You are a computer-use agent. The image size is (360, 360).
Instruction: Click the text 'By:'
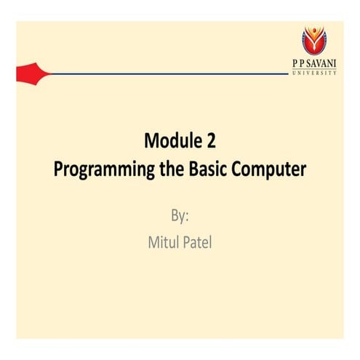[x=179, y=216]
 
